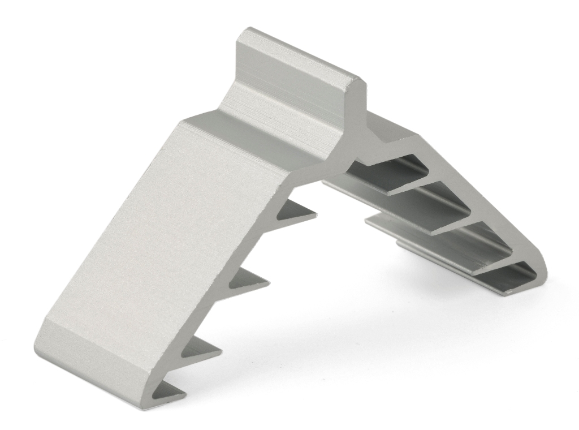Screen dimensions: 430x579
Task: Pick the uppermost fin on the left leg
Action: pyautogui.click(x=297, y=212)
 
